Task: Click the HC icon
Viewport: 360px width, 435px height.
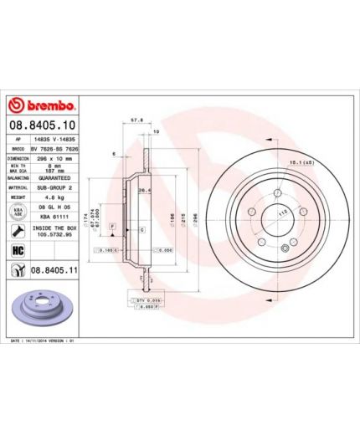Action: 17,249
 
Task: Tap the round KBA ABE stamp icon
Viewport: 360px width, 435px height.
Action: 17,212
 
